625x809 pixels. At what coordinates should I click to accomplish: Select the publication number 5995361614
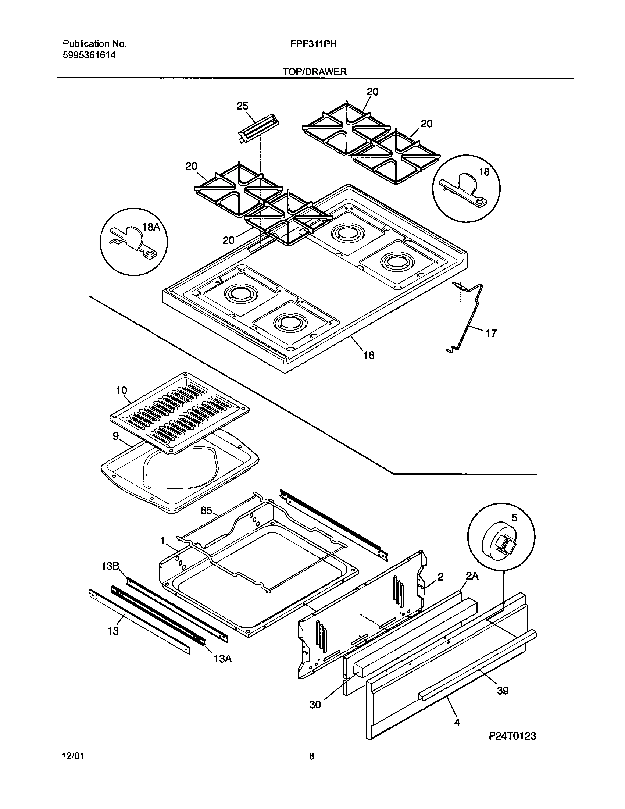[89, 56]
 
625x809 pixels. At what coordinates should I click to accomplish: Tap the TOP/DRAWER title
[315, 72]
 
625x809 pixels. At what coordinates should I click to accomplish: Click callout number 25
[242, 106]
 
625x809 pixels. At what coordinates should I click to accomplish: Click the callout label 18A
[151, 227]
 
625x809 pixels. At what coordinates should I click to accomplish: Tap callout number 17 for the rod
[490, 334]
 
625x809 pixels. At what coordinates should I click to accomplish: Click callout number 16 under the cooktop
[369, 356]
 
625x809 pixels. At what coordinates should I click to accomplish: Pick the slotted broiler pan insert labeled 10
[179, 412]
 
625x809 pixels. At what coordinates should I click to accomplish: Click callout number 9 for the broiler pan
[115, 436]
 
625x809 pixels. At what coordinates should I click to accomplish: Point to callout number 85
[206, 511]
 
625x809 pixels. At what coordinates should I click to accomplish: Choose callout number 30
[315, 705]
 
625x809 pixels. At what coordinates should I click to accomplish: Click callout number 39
[503, 691]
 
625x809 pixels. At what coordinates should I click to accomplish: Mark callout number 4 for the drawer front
[457, 722]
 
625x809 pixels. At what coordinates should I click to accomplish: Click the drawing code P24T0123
[512, 736]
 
